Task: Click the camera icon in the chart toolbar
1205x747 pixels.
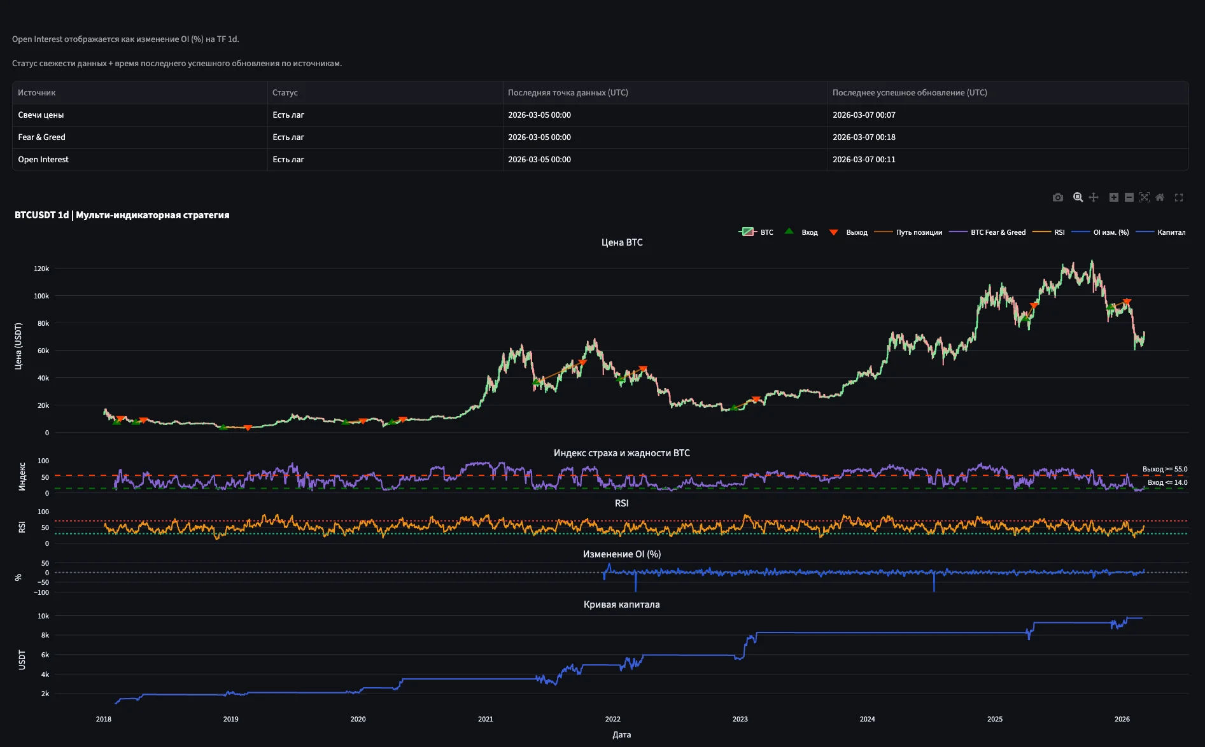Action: (1057, 197)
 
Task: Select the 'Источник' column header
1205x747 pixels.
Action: (37, 93)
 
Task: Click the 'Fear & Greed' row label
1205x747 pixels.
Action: (42, 137)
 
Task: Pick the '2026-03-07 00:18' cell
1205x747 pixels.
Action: (864, 137)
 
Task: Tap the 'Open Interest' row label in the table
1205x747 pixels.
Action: (43, 160)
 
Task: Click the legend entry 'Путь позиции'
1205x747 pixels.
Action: (919, 233)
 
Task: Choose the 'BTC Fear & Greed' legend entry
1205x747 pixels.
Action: (997, 233)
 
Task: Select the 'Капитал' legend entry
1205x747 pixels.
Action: (1171, 233)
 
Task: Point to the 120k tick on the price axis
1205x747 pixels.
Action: (41, 269)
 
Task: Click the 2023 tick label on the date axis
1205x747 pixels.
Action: (740, 719)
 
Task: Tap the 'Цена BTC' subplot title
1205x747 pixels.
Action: (622, 242)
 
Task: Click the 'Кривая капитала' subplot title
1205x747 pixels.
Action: (621, 604)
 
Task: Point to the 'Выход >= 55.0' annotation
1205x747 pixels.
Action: (1164, 470)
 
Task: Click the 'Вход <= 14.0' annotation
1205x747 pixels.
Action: (1167, 483)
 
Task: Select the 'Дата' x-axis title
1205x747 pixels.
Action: (621, 735)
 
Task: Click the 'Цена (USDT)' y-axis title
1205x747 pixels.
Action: (18, 346)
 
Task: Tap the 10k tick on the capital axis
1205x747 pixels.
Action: (43, 616)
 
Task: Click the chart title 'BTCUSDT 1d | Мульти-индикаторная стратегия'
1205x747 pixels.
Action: (122, 215)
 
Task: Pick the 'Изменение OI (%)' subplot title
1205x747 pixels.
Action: (621, 554)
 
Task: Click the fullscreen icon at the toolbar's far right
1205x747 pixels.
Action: (1178, 197)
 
